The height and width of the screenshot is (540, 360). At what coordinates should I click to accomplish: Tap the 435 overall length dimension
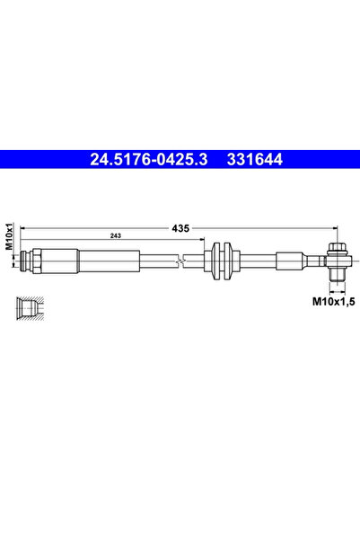coord(180,229)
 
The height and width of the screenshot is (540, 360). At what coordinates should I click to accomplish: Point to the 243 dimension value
coord(117,235)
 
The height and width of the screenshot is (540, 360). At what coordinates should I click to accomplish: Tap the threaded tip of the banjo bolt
coord(338,275)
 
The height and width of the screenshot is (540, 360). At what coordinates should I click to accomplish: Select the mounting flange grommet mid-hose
coord(219,261)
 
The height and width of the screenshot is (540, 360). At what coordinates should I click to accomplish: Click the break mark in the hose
coord(183,261)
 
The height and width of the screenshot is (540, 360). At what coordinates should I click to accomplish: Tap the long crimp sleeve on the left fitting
coord(108,261)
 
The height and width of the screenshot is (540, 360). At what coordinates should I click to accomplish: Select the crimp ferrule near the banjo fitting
coord(289,261)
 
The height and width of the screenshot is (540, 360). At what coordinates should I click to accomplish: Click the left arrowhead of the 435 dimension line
coord(22,229)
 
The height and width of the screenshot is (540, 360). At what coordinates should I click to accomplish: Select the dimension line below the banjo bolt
coord(338,289)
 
